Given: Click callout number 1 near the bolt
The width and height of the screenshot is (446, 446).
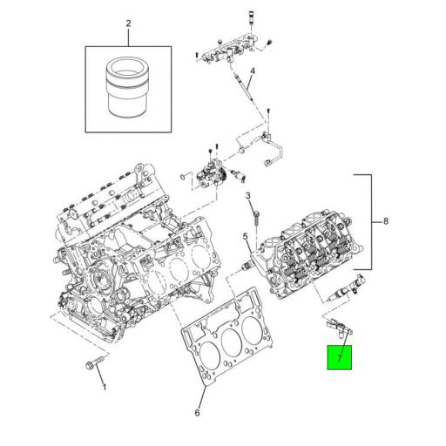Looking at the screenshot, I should [x=105, y=386].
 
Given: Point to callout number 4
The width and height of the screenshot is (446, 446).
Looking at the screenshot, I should [x=251, y=71].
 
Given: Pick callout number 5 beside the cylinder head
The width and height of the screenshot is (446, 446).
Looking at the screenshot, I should [x=247, y=237].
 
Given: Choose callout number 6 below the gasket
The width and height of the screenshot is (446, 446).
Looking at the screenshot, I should [x=198, y=412].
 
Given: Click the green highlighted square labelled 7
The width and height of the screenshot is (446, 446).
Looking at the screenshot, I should [x=340, y=357].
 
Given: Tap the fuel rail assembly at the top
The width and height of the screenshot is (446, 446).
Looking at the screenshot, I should [x=231, y=48].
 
